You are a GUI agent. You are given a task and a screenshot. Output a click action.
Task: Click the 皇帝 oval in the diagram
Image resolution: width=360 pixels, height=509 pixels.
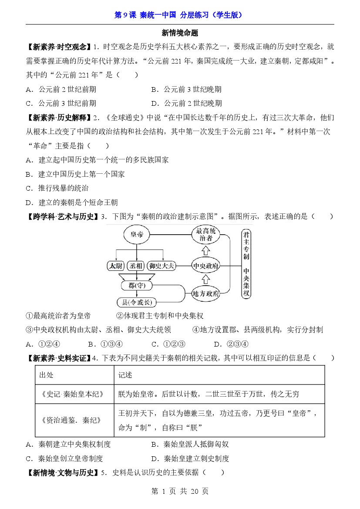137,235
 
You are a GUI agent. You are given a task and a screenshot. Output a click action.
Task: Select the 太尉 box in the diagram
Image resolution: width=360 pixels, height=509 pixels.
116,265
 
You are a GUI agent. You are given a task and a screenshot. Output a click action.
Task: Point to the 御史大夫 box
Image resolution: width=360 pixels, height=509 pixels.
161,265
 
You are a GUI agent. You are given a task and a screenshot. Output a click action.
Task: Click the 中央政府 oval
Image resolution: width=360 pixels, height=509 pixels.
206,265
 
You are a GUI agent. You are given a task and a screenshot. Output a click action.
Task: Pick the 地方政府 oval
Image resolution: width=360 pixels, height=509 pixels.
206,293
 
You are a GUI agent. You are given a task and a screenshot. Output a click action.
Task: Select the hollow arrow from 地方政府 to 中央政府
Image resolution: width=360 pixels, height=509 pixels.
206,279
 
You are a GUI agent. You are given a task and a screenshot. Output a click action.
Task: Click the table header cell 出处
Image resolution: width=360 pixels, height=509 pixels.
47,375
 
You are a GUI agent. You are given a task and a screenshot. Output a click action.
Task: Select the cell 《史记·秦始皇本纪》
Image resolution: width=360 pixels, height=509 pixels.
74,394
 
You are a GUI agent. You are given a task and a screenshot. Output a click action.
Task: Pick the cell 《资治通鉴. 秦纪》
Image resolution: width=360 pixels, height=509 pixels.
74,421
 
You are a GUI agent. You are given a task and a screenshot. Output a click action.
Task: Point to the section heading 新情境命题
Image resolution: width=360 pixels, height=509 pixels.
180,33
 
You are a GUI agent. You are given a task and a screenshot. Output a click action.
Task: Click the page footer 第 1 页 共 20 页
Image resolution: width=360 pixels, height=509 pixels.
179,491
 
